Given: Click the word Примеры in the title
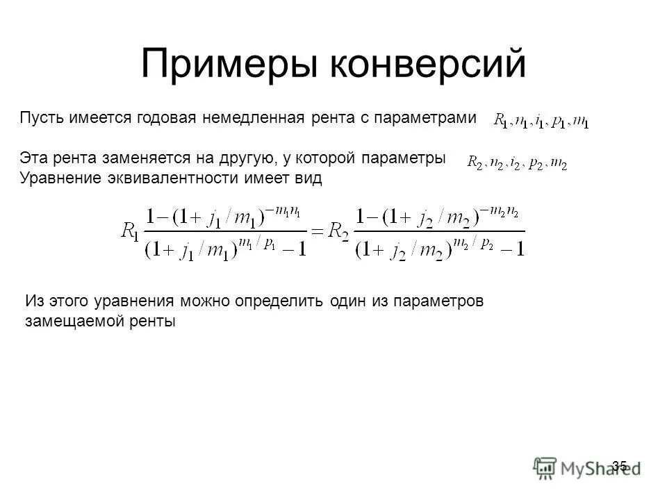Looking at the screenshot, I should click(229, 65).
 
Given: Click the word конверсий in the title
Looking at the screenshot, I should click(427, 65).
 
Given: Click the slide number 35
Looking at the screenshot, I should click(620, 465).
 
